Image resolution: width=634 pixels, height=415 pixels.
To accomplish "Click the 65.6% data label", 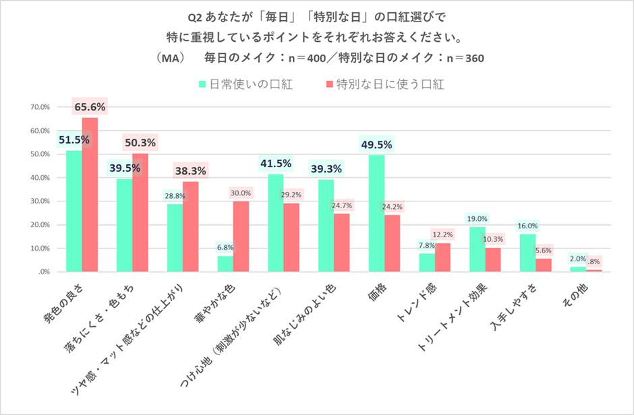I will (x=90, y=106).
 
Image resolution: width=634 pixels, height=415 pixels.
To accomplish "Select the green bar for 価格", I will (x=376, y=214).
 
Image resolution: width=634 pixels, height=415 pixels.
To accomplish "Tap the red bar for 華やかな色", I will (x=241, y=236).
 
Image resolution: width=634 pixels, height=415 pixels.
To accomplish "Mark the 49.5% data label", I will (x=376, y=144).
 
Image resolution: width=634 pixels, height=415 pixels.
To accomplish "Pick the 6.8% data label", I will (x=225, y=247).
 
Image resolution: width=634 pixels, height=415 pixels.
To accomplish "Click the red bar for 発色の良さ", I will (x=90, y=195).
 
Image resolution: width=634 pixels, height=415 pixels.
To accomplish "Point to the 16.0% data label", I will (x=527, y=226).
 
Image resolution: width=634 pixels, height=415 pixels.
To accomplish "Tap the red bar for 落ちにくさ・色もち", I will (x=140, y=213).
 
